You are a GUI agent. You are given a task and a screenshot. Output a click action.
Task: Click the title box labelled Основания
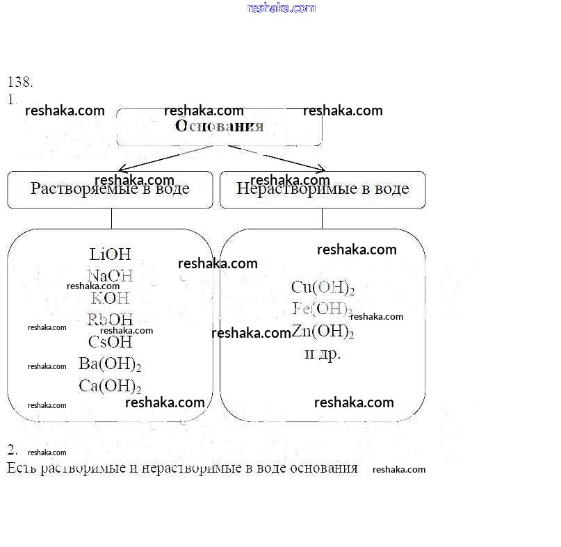point(219,126)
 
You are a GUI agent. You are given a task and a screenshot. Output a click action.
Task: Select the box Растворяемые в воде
point(110,189)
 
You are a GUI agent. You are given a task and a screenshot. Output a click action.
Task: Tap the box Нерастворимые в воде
point(323,189)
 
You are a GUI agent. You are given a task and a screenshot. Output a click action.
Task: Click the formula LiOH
point(110,254)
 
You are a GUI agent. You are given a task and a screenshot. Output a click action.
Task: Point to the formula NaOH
point(110,277)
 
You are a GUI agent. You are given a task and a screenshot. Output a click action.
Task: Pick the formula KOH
point(110,298)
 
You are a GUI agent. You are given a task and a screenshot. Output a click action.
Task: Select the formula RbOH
point(110,320)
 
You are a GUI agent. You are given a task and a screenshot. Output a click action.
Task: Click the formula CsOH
point(110,341)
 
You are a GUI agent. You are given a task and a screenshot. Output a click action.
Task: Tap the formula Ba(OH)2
point(110,364)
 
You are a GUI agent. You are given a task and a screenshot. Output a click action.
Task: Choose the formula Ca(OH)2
point(110,386)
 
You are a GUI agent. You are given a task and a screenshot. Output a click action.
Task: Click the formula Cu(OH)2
point(323,287)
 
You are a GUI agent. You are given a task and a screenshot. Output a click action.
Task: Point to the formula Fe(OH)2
point(323,309)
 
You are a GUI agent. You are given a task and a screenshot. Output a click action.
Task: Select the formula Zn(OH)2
point(323,332)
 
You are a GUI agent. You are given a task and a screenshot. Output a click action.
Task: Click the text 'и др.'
point(323,354)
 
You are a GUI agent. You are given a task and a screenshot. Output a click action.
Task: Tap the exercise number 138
point(20,82)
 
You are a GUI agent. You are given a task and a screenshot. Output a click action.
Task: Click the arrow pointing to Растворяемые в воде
point(167,158)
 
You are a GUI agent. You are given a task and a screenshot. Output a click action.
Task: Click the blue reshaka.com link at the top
point(281,8)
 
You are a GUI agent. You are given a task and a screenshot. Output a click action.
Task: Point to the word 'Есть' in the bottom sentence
point(22,467)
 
